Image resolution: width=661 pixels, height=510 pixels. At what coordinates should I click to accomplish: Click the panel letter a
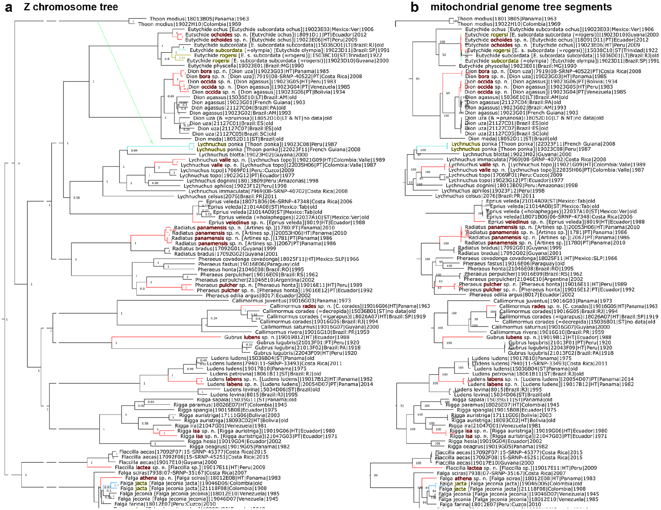coord(8,7)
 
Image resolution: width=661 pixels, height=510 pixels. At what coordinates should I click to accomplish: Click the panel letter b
coord(415,7)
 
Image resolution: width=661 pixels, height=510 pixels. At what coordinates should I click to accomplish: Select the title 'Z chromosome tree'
coord(71,7)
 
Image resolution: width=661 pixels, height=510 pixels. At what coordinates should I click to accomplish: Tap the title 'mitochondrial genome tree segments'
coord(521,7)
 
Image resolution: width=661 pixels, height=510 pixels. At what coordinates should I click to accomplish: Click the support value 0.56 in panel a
coord(76,198)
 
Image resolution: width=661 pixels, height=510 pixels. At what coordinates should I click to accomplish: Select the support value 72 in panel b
coord(402,406)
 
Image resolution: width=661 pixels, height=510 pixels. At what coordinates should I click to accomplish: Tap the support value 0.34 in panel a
coord(214,318)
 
